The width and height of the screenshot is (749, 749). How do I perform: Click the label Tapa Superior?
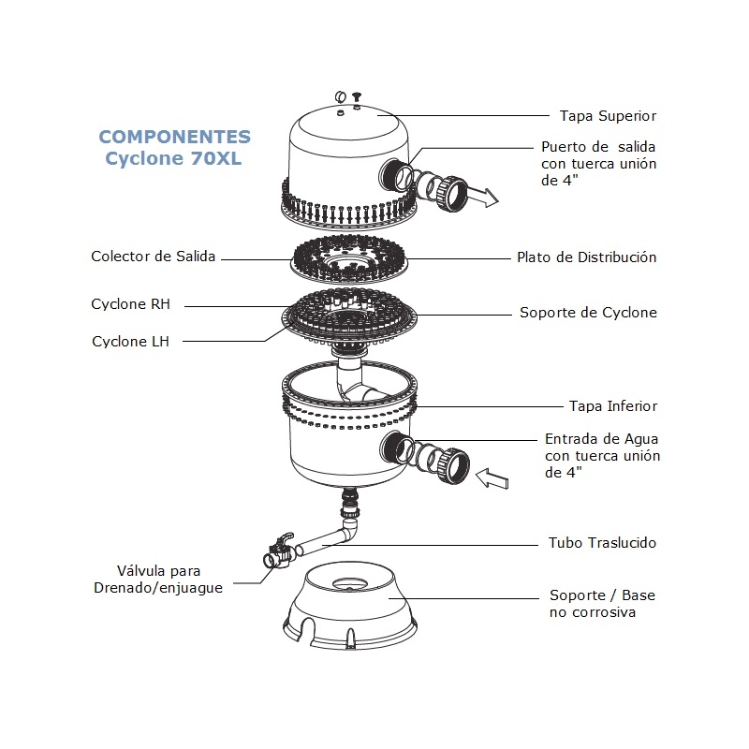608,116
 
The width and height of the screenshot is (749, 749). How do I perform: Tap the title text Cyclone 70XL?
173,158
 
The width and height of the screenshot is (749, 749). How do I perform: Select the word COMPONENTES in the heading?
174,137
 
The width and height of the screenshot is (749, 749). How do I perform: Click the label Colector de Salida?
154,257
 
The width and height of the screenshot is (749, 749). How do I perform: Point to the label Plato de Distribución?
587,257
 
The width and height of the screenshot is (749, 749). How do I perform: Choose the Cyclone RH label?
130,304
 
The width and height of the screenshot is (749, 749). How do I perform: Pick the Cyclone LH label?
130,342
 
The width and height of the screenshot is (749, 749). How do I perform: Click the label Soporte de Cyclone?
589,313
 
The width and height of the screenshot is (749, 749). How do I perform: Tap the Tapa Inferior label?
613,406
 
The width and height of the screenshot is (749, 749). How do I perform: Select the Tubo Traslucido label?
602,543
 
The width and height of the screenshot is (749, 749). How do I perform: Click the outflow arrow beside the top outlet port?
482,198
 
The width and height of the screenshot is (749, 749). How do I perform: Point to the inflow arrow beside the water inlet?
492,478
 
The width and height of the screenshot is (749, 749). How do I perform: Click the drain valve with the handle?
278,551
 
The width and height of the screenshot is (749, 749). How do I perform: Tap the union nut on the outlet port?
451,194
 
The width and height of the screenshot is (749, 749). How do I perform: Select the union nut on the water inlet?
454,466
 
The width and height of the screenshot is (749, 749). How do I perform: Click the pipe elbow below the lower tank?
350,530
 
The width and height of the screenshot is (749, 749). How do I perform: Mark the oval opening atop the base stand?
350,583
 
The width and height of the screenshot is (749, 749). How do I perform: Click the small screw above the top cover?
357,98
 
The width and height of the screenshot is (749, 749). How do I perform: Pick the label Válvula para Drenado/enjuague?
158,580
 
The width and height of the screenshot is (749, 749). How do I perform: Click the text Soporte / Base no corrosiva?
602,604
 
